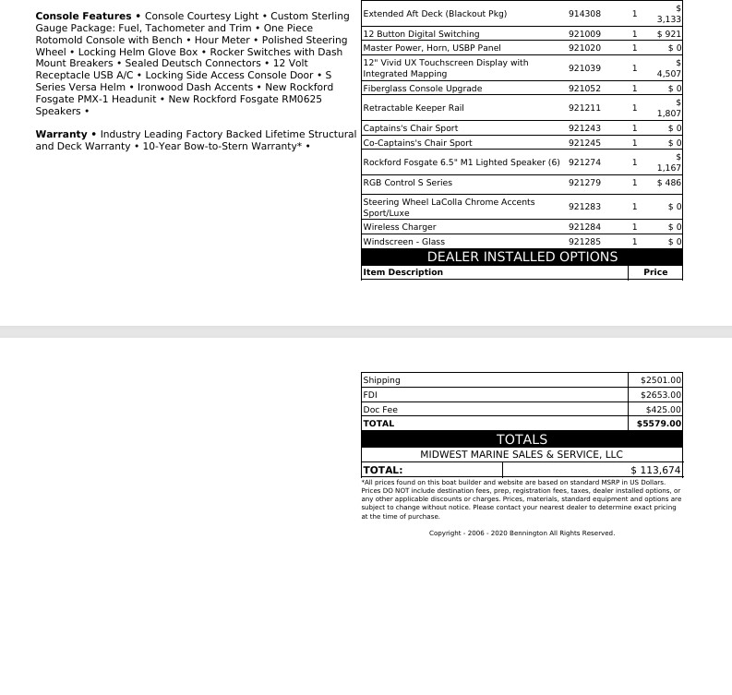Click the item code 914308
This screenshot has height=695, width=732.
pos(584,14)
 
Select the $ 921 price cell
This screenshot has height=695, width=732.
pos(668,34)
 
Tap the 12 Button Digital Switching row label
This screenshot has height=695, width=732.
pos(421,34)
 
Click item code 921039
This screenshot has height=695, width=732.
pos(584,68)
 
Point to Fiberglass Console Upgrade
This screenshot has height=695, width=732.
pos(422,89)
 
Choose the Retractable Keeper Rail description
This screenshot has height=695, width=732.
pos(414,108)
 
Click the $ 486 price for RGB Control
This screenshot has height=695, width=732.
pos(668,183)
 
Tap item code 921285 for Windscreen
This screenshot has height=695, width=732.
pos(584,242)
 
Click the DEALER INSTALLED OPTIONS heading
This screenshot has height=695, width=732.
pos(522,257)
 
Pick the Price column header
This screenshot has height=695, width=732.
pos(655,272)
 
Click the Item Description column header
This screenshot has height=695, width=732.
pos(402,272)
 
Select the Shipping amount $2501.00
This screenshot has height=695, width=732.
pos(660,380)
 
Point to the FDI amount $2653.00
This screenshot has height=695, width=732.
pos(660,395)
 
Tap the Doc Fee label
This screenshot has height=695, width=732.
pos(380,410)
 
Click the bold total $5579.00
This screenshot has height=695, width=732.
pos(659,424)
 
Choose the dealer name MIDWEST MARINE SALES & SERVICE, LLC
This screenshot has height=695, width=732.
pos(522,454)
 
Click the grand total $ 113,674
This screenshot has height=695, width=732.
pos(655,470)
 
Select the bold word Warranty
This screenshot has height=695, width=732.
pos(61,135)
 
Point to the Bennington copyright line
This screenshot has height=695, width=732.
pos(522,533)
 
